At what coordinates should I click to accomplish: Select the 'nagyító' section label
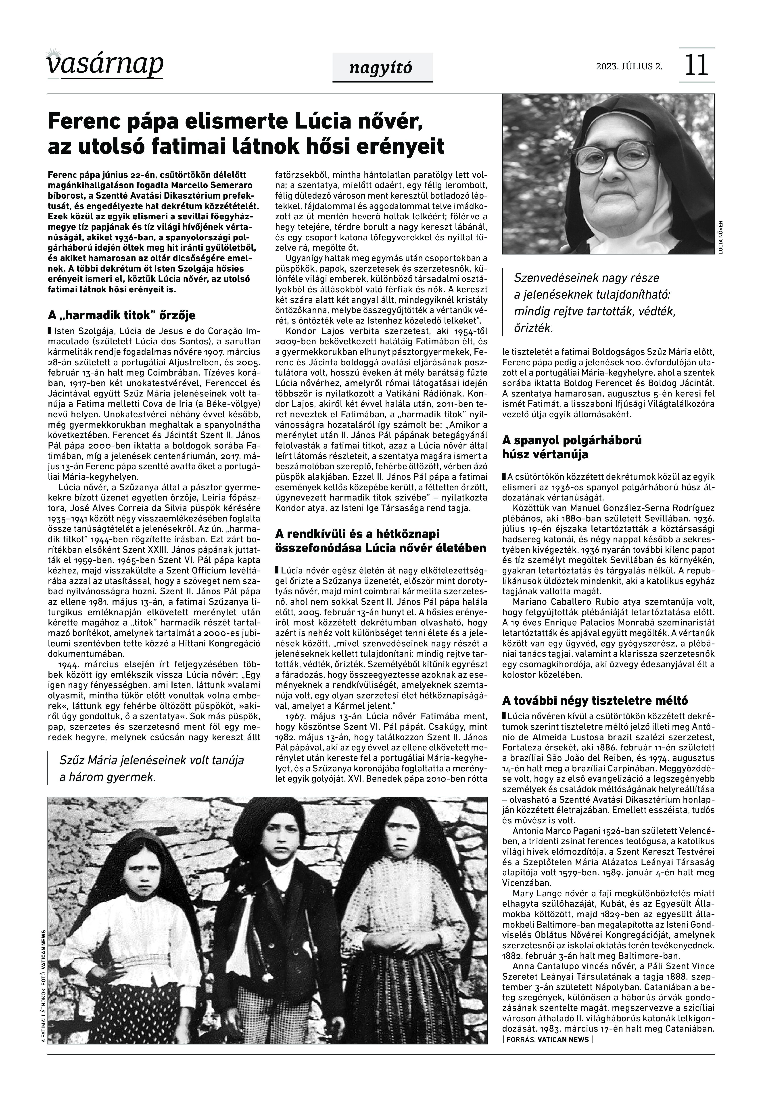(381, 68)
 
